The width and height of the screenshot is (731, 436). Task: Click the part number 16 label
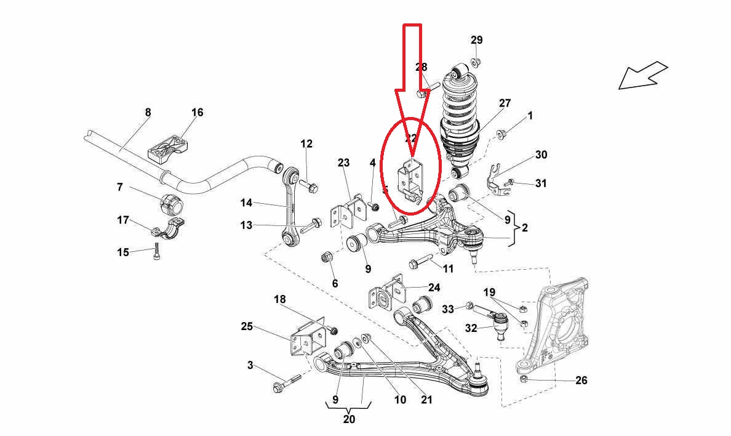tap(197, 113)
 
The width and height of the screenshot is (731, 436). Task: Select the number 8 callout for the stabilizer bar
tap(148, 113)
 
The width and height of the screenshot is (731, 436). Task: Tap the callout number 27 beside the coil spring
tap(505, 103)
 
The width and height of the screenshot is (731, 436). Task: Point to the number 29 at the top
tap(477, 41)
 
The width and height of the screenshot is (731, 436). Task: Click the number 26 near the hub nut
tap(581, 381)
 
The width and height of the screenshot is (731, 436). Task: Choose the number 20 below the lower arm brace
tap(349, 420)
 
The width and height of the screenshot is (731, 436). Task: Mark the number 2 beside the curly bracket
tap(525, 228)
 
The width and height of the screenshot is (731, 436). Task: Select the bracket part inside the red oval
tap(412, 180)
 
